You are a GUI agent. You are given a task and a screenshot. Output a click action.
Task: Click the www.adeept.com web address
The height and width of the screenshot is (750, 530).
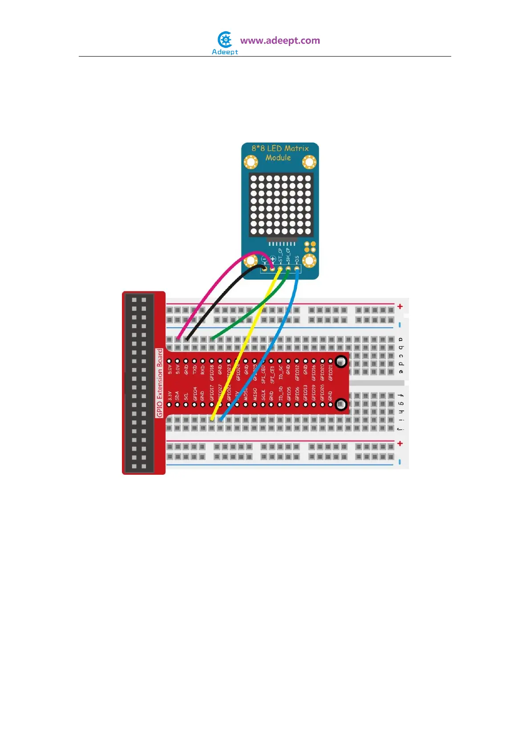tap(280, 41)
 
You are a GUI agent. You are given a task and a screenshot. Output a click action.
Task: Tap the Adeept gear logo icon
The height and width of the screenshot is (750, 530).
tap(226, 40)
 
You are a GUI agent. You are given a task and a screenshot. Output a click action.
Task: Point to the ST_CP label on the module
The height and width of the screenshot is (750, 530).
tap(280, 255)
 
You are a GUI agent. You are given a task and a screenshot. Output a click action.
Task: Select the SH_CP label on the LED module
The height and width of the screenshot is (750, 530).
tap(288, 255)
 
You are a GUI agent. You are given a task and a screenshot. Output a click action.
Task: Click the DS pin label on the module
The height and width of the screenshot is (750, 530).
tap(297, 258)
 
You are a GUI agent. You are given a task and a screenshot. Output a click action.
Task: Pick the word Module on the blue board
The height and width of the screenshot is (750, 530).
tap(278, 158)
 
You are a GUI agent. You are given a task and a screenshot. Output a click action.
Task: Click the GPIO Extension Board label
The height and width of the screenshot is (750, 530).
tap(160, 383)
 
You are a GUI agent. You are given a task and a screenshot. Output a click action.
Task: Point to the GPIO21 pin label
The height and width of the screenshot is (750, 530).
tap(331, 372)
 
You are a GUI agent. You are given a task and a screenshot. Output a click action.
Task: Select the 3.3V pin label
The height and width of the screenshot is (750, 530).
tap(170, 395)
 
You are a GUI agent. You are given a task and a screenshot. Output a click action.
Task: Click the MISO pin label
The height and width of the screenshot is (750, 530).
tap(255, 394)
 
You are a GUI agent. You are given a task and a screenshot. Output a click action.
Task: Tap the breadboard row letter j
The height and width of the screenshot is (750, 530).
tap(401, 428)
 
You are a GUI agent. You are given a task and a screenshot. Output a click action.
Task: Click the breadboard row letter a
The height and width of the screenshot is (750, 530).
tap(401, 339)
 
